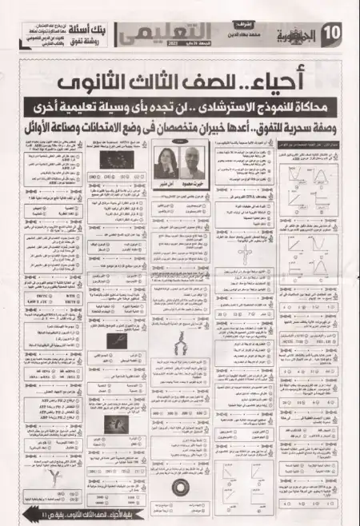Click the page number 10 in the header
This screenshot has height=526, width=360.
[x=338, y=34]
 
